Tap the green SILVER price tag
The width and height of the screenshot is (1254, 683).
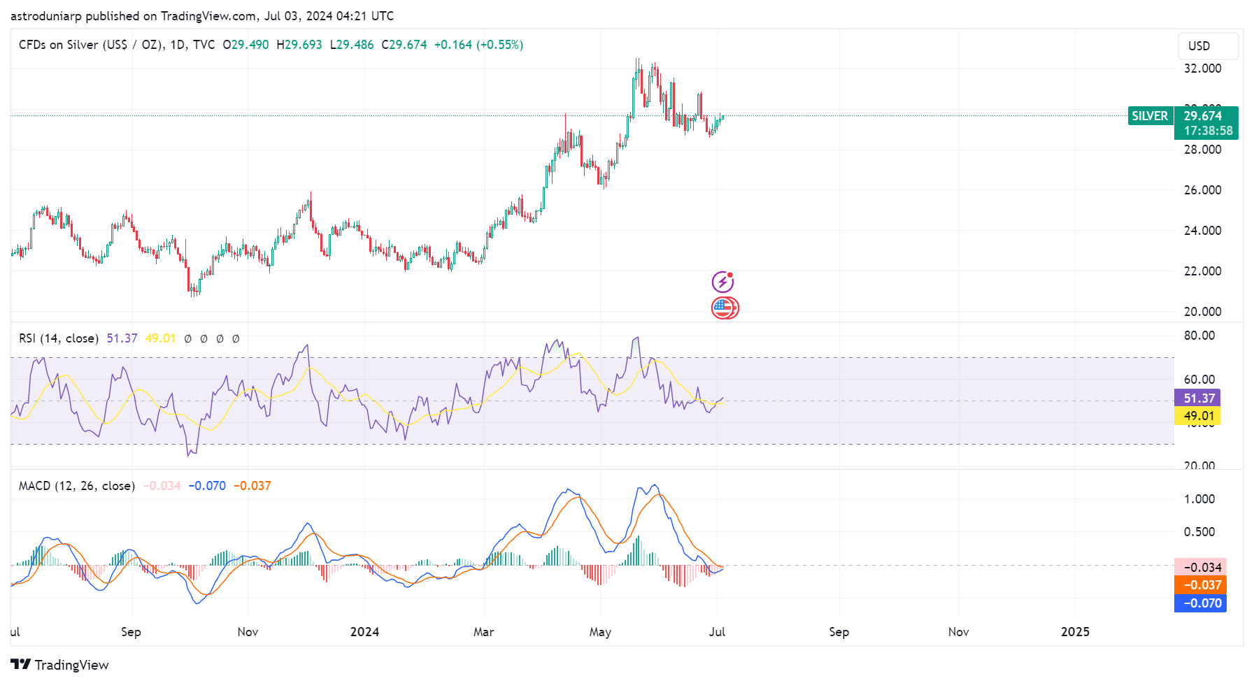[x=1150, y=116]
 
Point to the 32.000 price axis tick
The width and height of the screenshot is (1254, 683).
[x=1202, y=69]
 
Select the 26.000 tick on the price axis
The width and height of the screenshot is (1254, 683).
[x=1202, y=190]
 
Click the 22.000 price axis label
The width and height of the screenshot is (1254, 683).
[x=1202, y=271]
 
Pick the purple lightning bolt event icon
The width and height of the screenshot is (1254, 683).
[x=722, y=282]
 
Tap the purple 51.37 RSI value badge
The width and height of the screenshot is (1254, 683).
[x=1199, y=398]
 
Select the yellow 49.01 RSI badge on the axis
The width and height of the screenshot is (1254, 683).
[x=1199, y=417]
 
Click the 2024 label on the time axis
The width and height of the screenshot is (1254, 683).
[x=364, y=632]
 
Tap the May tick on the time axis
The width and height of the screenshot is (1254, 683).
[x=600, y=632]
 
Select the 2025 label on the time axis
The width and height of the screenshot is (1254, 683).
[x=1075, y=632]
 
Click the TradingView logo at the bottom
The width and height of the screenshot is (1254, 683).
[x=60, y=665]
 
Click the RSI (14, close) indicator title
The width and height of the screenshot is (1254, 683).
[x=59, y=338]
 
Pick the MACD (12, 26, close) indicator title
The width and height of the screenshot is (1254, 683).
[x=76, y=486]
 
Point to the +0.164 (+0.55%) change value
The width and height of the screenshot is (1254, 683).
[x=478, y=45]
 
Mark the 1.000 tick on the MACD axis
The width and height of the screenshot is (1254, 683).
[x=1199, y=499]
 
